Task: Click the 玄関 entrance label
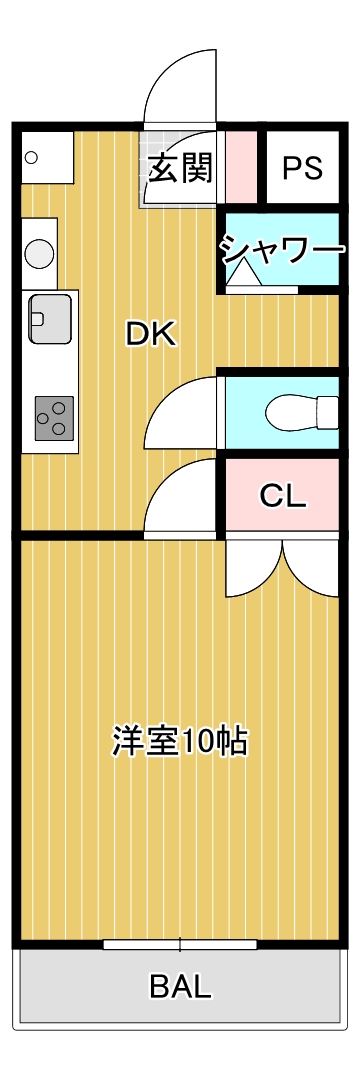pyautogui.click(x=181, y=168)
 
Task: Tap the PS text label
pyautogui.click(x=301, y=168)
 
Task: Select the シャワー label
pyautogui.click(x=283, y=248)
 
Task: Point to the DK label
pyautogui.click(x=151, y=334)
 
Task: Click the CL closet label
pyautogui.click(x=283, y=495)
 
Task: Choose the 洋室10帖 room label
pyautogui.click(x=180, y=741)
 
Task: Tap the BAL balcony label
pyautogui.click(x=181, y=987)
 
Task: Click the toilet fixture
pyautogui.click(x=301, y=411)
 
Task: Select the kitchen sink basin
pyautogui.click(x=49, y=319)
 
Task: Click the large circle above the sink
pyautogui.click(x=40, y=254)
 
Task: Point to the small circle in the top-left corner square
pyautogui.click(x=31, y=157)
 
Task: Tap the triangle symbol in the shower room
pyautogui.click(x=240, y=276)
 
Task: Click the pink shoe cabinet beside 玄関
pyautogui.click(x=240, y=166)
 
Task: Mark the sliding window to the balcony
pyautogui.click(x=180, y=944)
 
